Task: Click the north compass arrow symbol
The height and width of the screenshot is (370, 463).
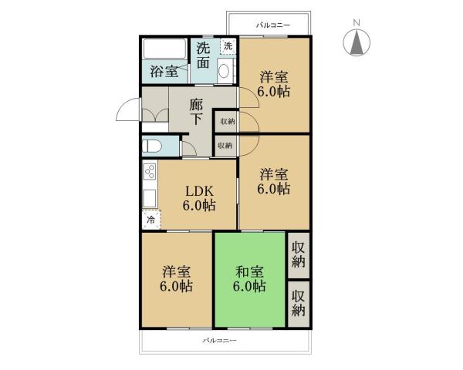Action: [357, 43]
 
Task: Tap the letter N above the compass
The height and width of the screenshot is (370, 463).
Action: [357, 23]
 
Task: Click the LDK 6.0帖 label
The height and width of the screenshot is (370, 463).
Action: [198, 199]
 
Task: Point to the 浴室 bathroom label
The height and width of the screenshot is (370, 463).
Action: [164, 72]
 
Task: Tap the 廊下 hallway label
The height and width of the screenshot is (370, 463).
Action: [196, 112]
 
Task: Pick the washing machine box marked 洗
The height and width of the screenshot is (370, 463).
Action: [227, 46]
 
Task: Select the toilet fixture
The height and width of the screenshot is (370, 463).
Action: [151, 146]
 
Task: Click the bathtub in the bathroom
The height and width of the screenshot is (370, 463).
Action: [164, 51]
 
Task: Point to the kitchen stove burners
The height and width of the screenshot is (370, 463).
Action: [148, 173]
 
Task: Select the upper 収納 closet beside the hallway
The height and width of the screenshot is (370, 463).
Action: [226, 122]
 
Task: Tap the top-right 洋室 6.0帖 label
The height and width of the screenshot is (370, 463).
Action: [274, 83]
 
